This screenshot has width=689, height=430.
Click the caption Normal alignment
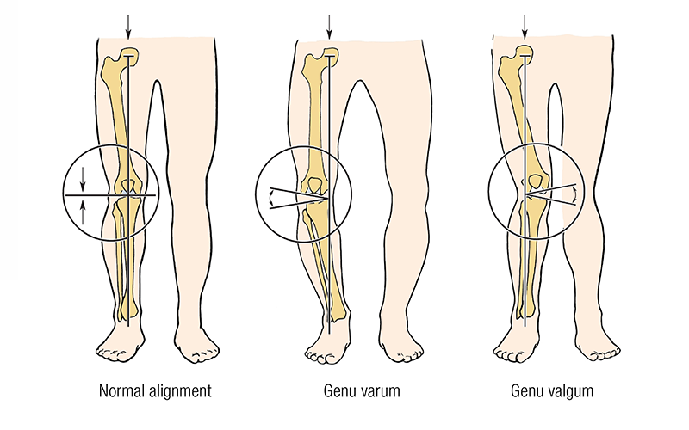(155, 392)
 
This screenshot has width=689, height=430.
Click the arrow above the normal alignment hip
(128, 26)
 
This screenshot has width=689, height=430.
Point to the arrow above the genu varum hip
(328, 26)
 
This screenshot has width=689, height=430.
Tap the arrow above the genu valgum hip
(523, 26)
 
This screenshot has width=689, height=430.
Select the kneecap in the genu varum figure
(316, 183)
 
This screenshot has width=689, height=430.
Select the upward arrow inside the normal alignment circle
(83, 211)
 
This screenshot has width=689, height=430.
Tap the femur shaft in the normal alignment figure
(118, 120)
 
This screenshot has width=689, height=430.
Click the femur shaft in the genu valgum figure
(521, 120)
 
